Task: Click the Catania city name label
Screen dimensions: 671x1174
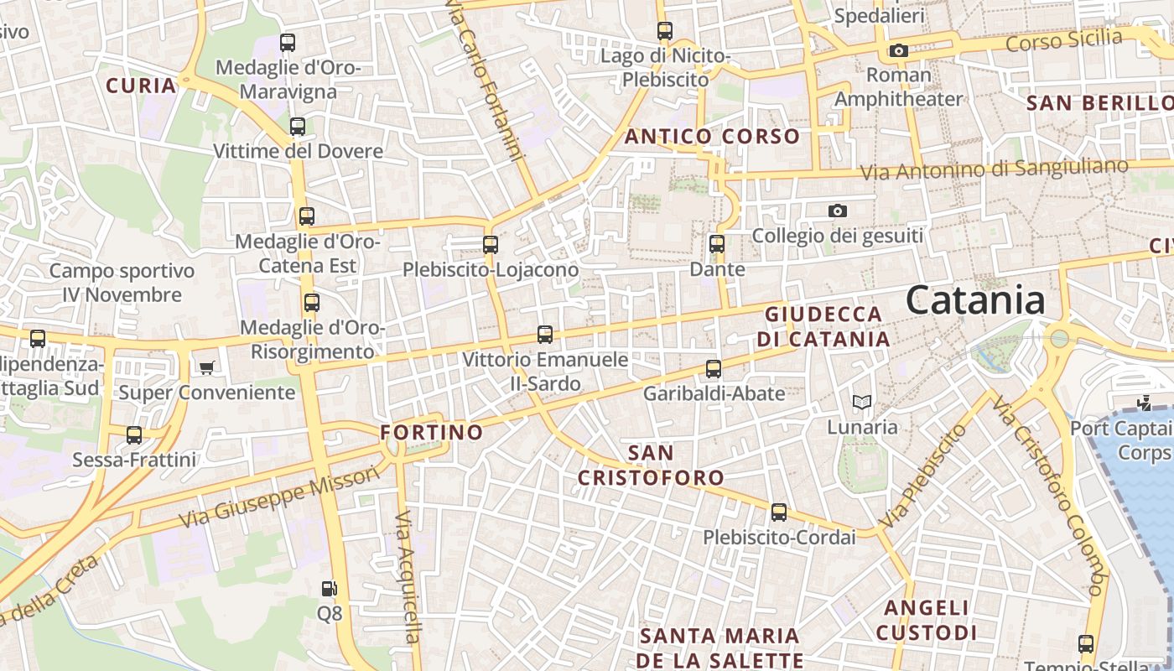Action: pyautogui.click(x=975, y=300)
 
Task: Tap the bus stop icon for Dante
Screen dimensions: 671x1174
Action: pyautogui.click(x=717, y=244)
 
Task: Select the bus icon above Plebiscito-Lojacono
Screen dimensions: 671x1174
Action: pyautogui.click(x=491, y=245)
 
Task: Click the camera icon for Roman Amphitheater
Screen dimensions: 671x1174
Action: pyautogui.click(x=899, y=50)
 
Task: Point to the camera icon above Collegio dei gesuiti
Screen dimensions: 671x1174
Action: pyautogui.click(x=837, y=211)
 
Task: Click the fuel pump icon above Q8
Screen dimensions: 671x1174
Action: pyautogui.click(x=330, y=589)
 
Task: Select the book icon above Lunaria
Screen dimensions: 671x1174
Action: pyautogui.click(x=862, y=403)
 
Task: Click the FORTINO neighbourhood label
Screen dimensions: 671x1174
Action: pyautogui.click(x=432, y=432)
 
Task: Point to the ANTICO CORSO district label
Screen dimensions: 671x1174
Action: pyautogui.click(x=712, y=136)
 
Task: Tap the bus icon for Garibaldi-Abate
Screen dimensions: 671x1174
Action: pyautogui.click(x=714, y=368)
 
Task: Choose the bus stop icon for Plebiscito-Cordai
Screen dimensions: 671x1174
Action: pyautogui.click(x=779, y=512)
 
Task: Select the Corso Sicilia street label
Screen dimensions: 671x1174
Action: pyautogui.click(x=1063, y=39)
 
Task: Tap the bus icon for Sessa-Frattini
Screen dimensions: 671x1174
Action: pyautogui.click(x=134, y=435)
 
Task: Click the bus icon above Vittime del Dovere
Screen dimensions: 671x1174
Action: pyautogui.click(x=298, y=127)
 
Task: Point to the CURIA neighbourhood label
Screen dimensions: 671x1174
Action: pyautogui.click(x=142, y=85)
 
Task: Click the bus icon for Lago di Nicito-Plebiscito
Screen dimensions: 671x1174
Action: pyautogui.click(x=665, y=31)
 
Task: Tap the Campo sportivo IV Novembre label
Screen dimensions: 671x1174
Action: pyautogui.click(x=122, y=283)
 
